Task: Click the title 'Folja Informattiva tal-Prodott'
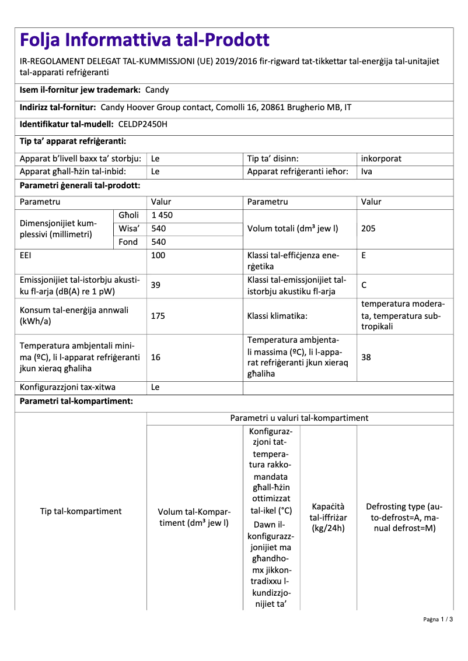(145, 40)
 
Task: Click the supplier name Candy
(157, 90)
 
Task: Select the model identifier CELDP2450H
(142, 124)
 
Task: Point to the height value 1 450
(162, 215)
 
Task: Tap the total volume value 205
(368, 228)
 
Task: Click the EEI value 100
(158, 255)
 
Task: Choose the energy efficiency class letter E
(364, 255)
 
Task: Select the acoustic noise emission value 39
(156, 285)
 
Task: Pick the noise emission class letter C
(364, 285)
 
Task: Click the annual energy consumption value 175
(158, 316)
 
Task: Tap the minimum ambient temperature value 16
(156, 357)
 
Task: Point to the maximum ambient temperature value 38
(366, 357)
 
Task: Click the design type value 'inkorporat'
(381, 159)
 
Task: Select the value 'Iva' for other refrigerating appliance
(366, 171)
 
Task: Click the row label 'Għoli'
(128, 215)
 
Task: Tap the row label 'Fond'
(128, 242)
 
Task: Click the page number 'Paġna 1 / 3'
(438, 619)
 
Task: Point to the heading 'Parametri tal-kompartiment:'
(76, 402)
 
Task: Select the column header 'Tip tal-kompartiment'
(81, 511)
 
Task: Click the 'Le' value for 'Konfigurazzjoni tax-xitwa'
(155, 386)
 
